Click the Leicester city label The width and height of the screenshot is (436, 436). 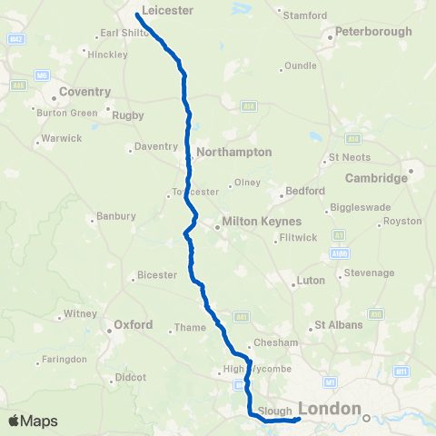point(168,10)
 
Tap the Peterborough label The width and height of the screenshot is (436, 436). point(373,32)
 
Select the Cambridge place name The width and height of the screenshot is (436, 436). point(376,178)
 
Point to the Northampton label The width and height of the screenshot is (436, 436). point(233,153)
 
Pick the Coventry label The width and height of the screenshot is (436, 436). point(84,92)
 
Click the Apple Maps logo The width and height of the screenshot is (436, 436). point(33,421)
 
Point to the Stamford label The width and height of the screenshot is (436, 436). point(304,16)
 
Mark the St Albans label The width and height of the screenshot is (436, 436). point(338,325)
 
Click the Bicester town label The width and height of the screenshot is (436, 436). point(159,275)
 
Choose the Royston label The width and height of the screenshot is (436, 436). point(403,221)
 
